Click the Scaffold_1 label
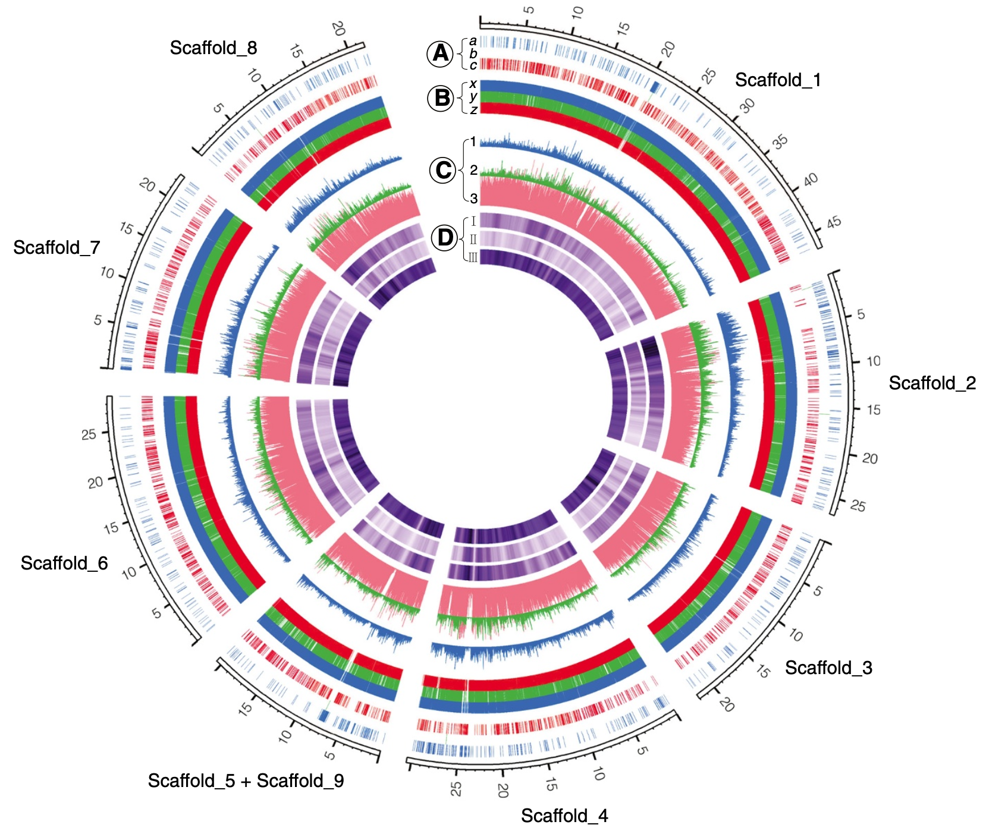click(778, 80)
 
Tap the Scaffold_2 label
click(932, 383)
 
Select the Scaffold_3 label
click(828, 668)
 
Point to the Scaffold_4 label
click(564, 816)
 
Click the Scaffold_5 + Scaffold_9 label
click(246, 780)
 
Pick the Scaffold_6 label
click(64, 563)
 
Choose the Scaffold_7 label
click(56, 247)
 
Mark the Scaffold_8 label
click(213, 48)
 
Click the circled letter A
click(441, 53)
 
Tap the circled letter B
click(442, 97)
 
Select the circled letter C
click(443, 171)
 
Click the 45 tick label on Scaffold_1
click(834, 222)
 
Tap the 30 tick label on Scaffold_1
click(747, 106)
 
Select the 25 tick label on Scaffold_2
click(858, 506)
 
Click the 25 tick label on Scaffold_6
click(89, 435)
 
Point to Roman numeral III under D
click(473, 257)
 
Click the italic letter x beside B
click(473, 84)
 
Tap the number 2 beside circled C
click(473, 171)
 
